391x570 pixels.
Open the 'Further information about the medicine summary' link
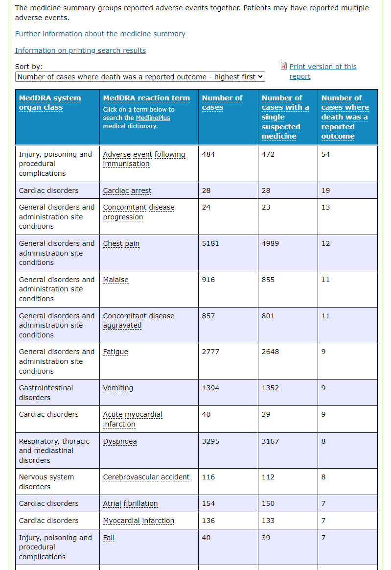[100, 34]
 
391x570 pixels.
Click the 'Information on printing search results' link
[80, 50]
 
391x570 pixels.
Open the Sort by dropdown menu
[140, 77]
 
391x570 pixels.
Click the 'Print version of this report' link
[323, 71]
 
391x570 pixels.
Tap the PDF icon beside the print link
[284, 66]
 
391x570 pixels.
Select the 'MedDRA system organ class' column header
[50, 102]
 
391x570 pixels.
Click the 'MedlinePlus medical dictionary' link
[136, 122]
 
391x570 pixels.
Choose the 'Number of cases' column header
[222, 102]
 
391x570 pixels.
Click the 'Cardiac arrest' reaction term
[127, 190]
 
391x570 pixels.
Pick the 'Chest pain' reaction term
[121, 243]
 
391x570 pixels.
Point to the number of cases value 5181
[210, 243]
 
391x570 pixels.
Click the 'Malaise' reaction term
[115, 280]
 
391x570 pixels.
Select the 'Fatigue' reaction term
[115, 352]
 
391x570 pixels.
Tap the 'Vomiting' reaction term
[118, 388]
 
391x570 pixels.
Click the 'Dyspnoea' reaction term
[120, 441]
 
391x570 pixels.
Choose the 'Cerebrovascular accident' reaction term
[146, 477]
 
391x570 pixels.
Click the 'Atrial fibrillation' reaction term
[131, 503]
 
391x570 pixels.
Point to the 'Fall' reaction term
[109, 538]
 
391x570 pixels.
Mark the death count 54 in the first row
[325, 154]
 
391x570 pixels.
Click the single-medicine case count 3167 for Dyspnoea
[270, 441]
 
